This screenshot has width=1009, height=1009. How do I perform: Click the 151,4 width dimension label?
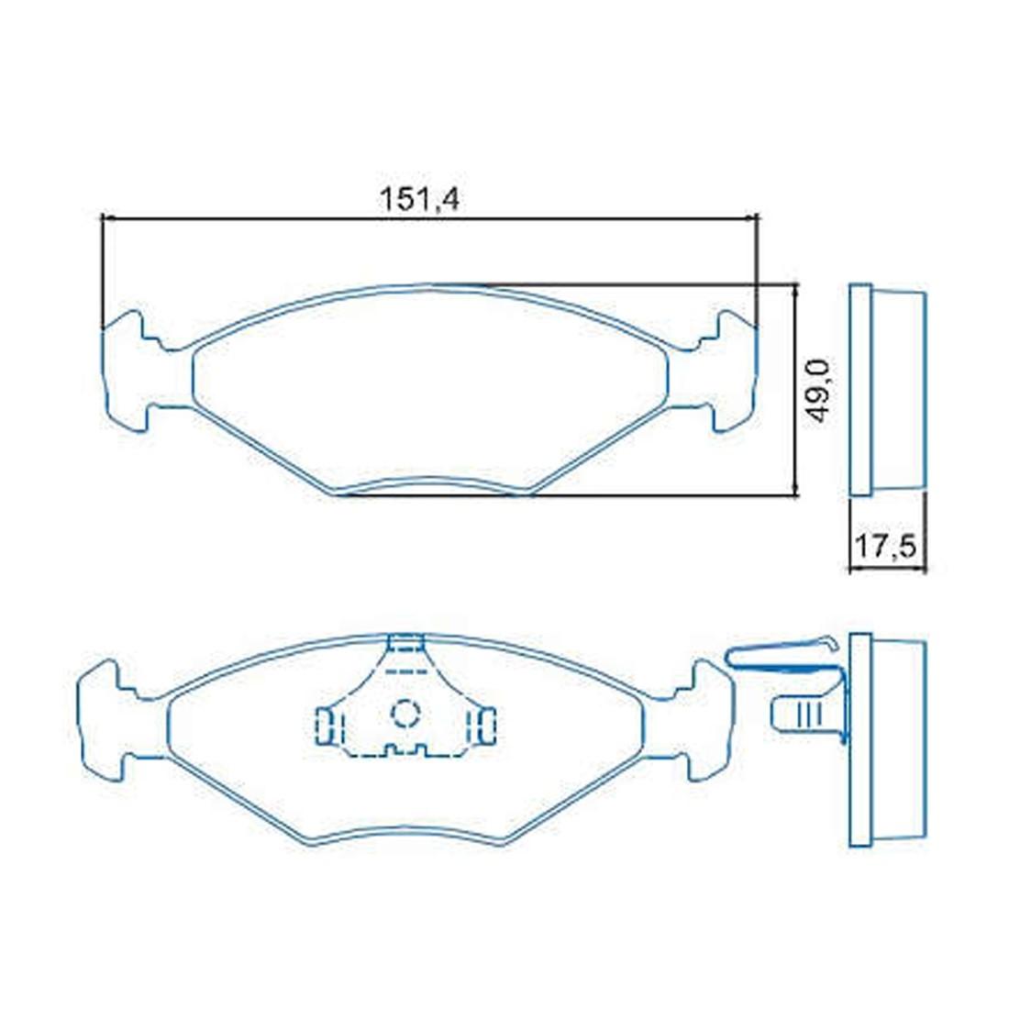(x=419, y=199)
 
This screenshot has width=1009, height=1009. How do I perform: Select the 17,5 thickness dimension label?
(x=885, y=547)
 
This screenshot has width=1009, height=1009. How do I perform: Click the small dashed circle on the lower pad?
(x=406, y=714)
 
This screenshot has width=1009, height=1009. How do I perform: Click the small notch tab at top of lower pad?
(x=406, y=642)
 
